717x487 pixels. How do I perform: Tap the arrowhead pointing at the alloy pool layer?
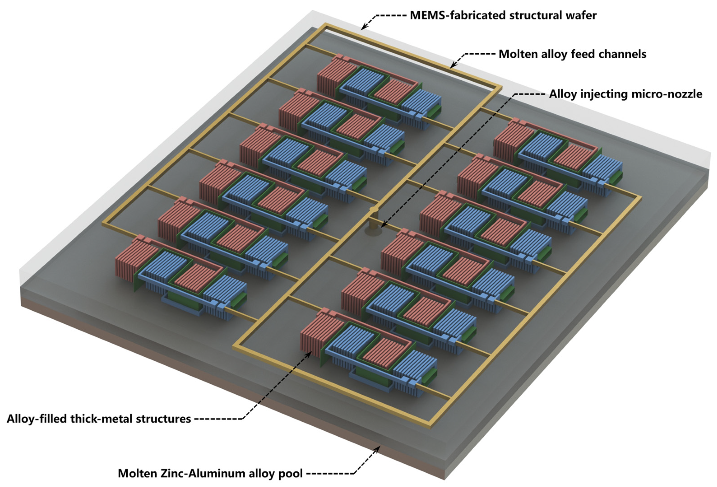pos(379,448)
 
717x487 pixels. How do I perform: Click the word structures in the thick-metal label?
pos(165,419)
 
